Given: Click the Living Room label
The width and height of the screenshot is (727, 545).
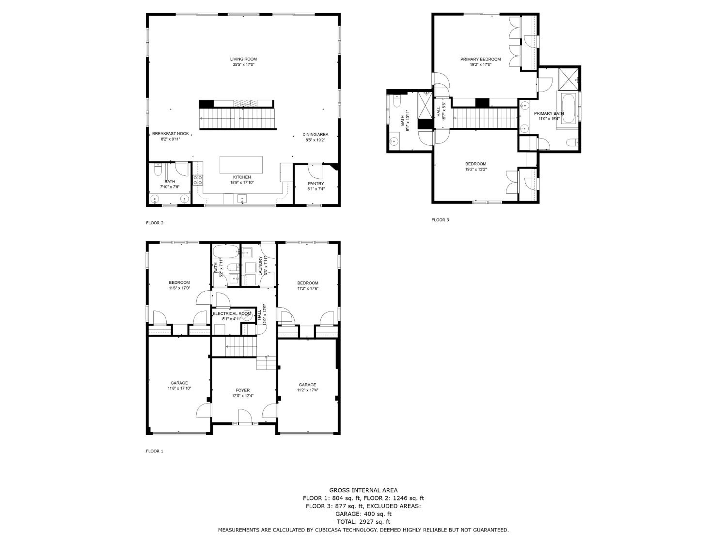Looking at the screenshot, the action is [244, 59].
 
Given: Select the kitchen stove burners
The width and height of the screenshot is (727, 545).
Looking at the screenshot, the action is [198, 180].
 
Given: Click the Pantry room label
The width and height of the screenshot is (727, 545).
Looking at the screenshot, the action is [316, 183].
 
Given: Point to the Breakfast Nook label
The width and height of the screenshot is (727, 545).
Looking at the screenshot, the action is [171, 134].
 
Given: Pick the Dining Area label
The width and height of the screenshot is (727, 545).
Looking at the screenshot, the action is [315, 134].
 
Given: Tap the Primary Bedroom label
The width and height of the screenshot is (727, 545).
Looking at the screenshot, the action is [481, 59].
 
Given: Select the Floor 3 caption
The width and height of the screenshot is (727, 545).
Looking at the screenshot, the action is [440, 220].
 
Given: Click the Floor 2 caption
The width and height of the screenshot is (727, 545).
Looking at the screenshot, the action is [154, 223].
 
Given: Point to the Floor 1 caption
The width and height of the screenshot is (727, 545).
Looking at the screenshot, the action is [154, 451].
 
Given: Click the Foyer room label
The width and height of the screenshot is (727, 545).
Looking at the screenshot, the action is [243, 390].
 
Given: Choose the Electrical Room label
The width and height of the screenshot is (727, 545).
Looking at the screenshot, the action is [232, 314].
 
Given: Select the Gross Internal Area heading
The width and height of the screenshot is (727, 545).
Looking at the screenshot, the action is [363, 490].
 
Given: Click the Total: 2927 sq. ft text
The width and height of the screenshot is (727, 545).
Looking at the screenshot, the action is [363, 522].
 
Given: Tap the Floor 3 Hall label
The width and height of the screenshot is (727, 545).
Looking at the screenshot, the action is [439, 111].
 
